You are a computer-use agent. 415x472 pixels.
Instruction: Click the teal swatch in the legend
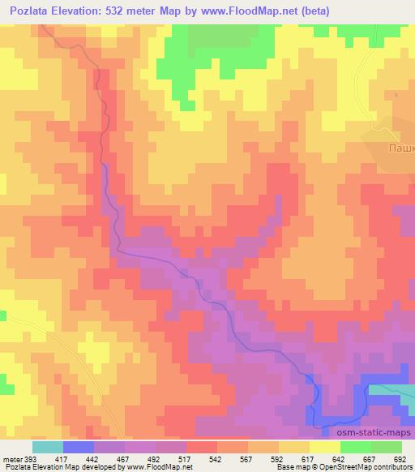pos(48,447)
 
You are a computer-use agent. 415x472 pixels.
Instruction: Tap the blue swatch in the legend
pos(79,447)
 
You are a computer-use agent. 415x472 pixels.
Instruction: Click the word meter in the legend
pos(10,458)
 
